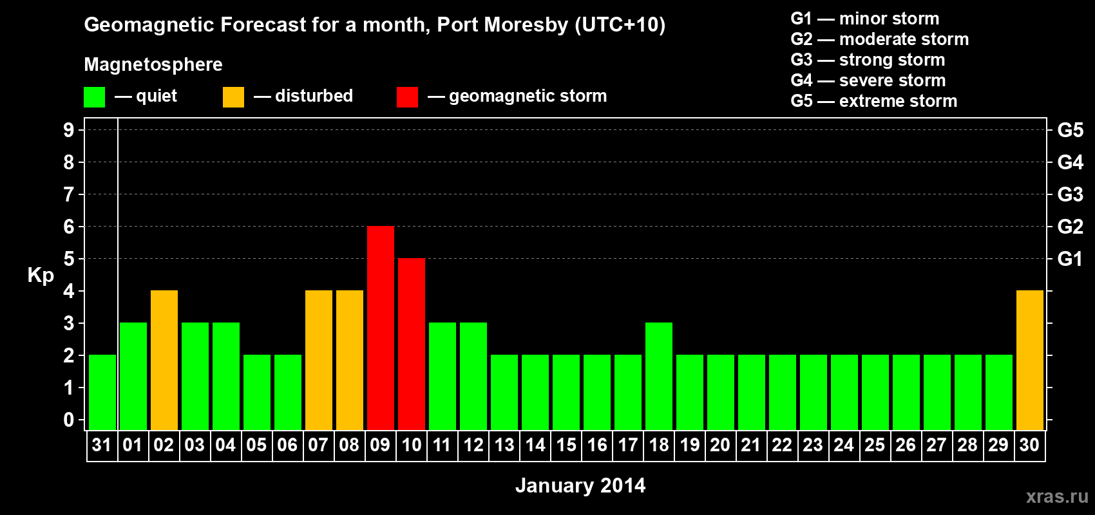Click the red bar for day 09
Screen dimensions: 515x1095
[381, 328]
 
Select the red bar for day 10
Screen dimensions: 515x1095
[412, 344]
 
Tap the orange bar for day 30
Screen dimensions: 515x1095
[1029, 360]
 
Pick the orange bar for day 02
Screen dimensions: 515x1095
[164, 360]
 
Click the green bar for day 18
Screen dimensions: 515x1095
[659, 376]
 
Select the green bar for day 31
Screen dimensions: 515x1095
[102, 392]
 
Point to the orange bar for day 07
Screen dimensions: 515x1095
[319, 360]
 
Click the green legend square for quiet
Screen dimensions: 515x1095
[94, 97]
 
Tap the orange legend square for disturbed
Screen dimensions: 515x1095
[233, 97]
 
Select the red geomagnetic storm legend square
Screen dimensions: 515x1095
[407, 97]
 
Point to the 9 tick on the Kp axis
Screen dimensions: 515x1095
[69, 130]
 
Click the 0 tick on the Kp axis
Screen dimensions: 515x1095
[69, 420]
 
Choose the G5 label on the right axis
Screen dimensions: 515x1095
[1070, 130]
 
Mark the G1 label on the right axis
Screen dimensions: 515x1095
[1070, 259]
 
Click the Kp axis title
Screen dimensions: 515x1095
[41, 275]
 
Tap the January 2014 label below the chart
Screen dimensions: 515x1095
[580, 485]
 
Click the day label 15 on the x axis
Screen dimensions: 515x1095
[566, 445]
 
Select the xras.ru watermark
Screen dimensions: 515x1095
[1056, 496]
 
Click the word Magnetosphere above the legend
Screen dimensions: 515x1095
[153, 64]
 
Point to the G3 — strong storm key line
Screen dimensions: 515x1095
[868, 60]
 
